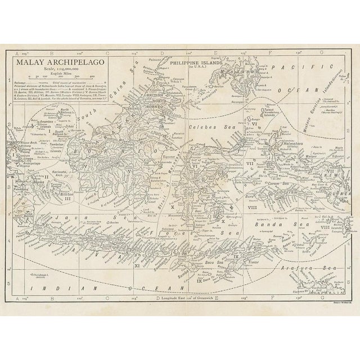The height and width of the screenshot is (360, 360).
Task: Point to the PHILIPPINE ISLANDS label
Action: click(x=195, y=66)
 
